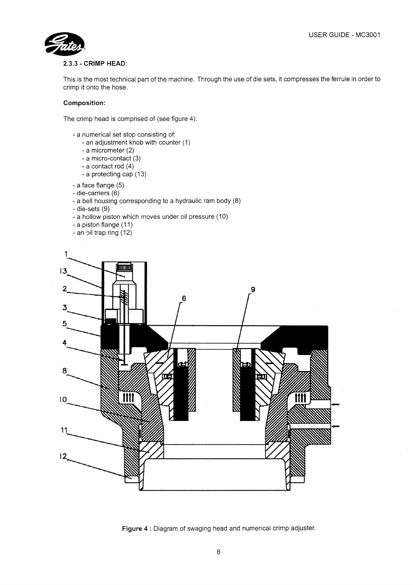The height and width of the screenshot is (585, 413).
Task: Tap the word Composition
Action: (84, 103)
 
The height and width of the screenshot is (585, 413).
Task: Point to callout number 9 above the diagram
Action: (253, 289)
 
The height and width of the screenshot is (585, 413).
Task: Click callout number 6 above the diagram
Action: (184, 298)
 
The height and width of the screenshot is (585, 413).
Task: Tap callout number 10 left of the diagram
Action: (63, 399)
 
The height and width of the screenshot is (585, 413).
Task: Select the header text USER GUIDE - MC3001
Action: (344, 35)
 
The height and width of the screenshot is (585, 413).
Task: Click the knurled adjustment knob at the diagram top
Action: (124, 267)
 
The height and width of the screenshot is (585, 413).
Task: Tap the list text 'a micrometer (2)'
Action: (108, 150)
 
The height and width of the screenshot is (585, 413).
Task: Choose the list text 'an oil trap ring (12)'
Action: (102, 233)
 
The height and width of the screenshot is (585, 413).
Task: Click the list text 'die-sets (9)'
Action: (91, 209)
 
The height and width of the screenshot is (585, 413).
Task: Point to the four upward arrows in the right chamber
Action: (300, 397)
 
